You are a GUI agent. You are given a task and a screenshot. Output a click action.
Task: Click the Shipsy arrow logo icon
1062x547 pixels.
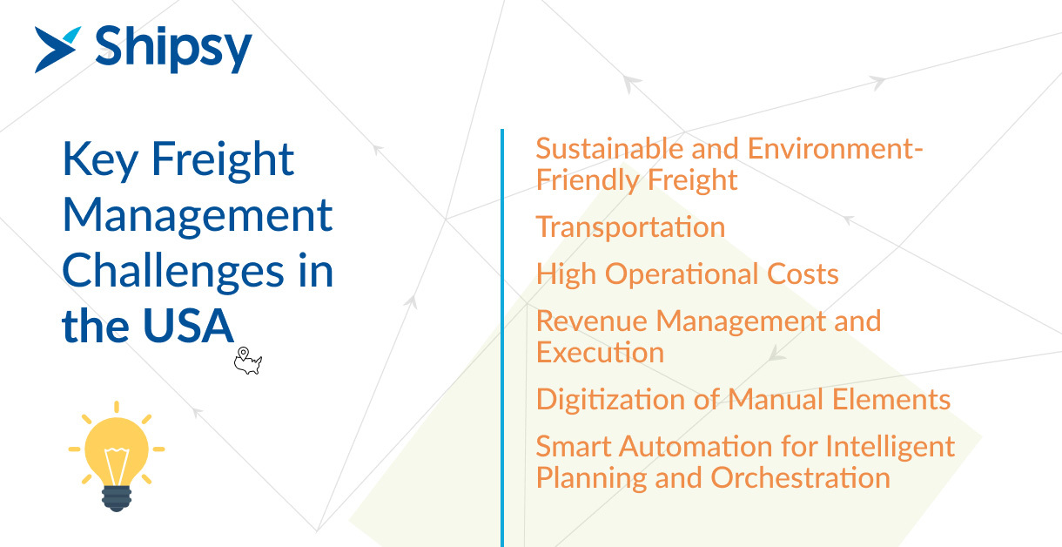(56, 50)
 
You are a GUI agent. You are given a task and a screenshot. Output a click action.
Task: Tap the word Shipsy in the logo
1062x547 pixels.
(173, 49)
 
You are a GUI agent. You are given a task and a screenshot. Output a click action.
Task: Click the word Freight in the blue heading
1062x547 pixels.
(223, 161)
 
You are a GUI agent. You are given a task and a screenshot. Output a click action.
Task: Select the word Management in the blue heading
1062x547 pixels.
(198, 216)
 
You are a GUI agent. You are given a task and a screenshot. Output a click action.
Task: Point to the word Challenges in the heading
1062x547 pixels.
(173, 272)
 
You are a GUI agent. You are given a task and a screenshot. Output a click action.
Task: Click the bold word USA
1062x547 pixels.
(188, 326)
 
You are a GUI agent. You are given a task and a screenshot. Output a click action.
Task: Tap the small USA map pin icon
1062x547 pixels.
(247, 361)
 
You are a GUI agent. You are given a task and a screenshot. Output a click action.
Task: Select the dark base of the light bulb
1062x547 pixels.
(117, 498)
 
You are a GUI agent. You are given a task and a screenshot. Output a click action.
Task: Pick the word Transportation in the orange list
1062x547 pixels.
(630, 227)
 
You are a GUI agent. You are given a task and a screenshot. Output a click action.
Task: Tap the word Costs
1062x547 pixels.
(803, 274)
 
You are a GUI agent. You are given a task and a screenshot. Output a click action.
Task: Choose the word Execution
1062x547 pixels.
(601, 353)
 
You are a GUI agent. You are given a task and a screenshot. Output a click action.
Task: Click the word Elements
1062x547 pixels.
(891, 400)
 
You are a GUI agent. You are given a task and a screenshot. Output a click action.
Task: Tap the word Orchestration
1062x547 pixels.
(800, 477)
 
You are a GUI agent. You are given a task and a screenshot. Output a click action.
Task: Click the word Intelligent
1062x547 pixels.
(890, 448)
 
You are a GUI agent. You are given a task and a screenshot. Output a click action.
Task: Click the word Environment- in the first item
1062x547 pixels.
(836, 148)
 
